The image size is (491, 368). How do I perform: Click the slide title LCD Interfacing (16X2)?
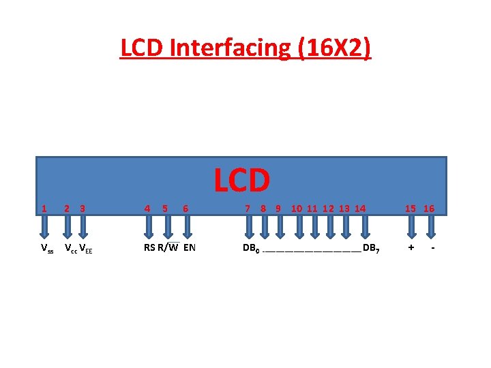pos(245,48)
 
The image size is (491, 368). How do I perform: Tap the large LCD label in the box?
pos(242,180)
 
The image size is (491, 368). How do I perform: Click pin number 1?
pos(44,209)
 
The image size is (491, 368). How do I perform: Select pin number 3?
pos(82,209)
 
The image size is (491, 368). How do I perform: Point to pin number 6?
pos(185,209)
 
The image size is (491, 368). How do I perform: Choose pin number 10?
pos(297,209)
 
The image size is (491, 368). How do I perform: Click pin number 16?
pos(428,209)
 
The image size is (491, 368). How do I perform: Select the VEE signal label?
pos(86,248)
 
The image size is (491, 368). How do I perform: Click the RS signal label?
pos(149,247)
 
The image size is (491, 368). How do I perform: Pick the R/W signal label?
pos(168,247)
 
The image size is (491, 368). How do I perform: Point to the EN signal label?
pos(189,247)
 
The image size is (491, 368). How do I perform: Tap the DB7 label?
pos(371,248)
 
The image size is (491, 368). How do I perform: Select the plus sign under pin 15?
pos(411,247)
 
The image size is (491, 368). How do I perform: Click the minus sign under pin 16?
pos(432,247)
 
